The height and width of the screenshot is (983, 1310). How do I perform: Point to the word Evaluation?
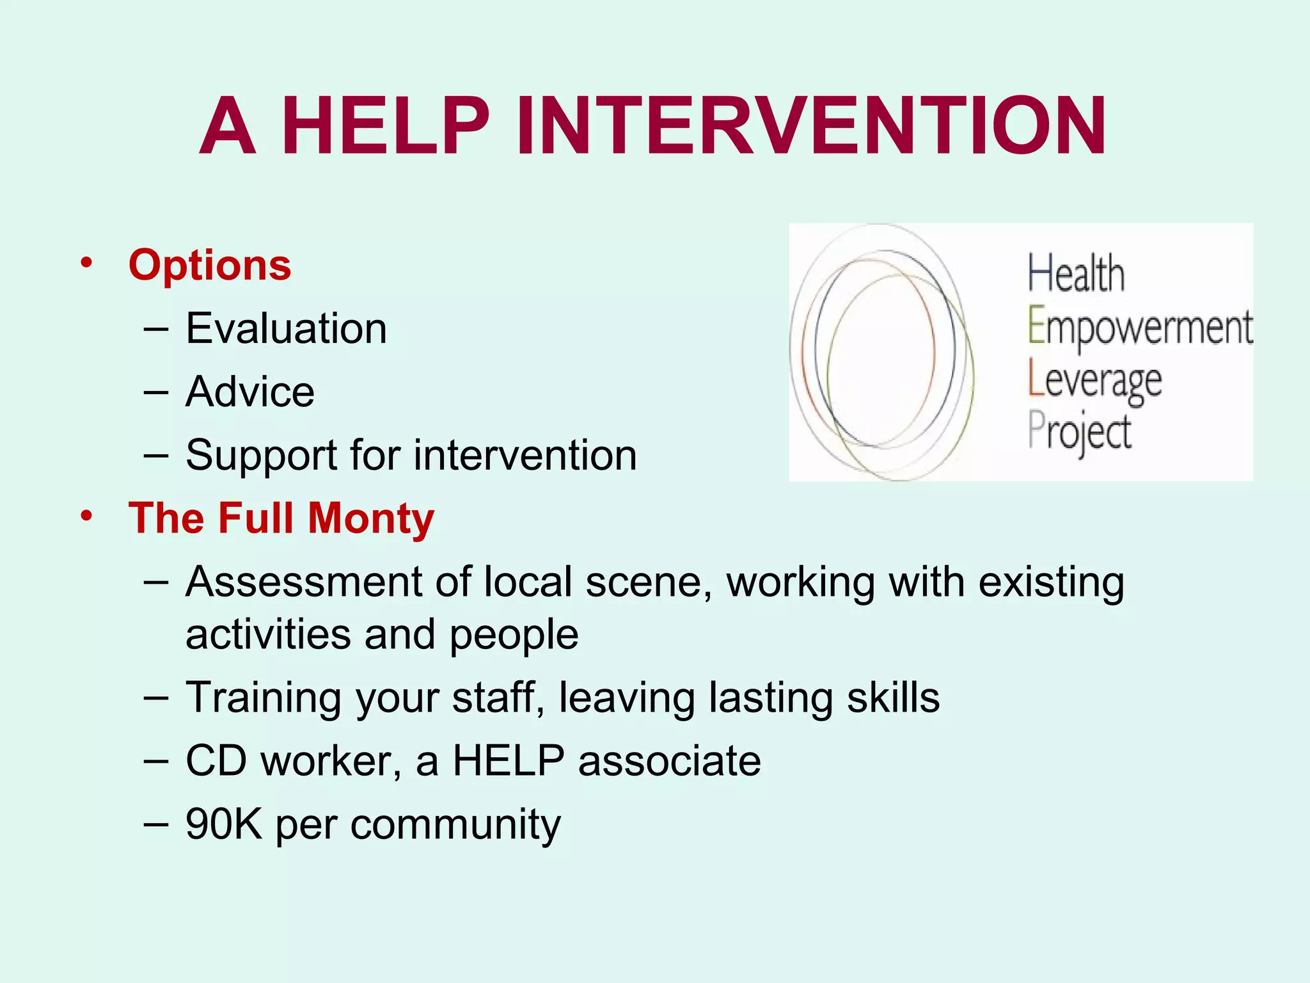286,328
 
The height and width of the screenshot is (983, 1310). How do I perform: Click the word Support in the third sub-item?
260,456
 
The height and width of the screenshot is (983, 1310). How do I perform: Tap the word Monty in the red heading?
371,518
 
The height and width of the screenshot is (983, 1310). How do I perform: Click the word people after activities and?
514,635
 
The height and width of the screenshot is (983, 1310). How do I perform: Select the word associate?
669,760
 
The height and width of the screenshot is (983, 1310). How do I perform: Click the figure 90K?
224,824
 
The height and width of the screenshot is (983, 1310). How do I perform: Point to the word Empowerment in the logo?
1140,328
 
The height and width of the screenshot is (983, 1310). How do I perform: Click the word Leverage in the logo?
1094,381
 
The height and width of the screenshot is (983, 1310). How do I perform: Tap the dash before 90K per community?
156,824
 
